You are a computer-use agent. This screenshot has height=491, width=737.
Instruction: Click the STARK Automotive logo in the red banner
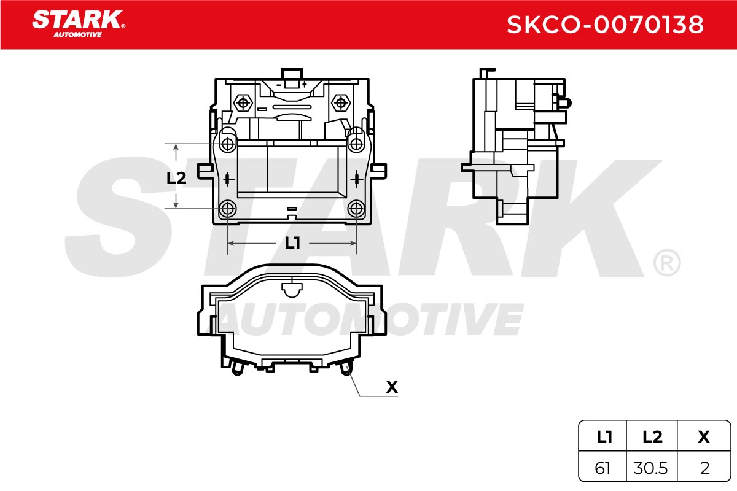click(79, 24)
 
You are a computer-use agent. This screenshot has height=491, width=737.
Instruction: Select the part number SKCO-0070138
click(605, 25)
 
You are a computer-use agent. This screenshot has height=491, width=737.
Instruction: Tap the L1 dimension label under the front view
click(292, 244)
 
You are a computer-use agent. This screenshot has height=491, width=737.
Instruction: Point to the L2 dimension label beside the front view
click(176, 178)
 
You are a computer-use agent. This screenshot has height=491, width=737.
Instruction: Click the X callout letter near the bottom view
click(392, 387)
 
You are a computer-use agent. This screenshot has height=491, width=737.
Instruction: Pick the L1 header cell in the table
click(604, 437)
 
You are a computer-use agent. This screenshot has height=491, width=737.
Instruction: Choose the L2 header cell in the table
click(652, 437)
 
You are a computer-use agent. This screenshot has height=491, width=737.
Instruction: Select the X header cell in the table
click(704, 437)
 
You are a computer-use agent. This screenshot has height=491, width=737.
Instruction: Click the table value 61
click(602, 468)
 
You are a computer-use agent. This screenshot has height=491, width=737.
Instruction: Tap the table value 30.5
click(650, 468)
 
